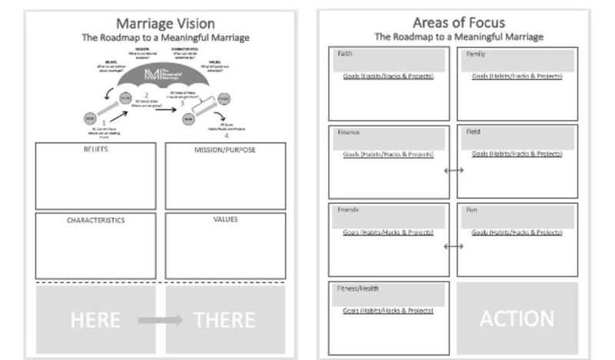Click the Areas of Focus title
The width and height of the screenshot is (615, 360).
(458, 22)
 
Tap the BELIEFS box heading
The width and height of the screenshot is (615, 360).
(95, 149)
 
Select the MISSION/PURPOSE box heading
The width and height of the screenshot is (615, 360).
(225, 149)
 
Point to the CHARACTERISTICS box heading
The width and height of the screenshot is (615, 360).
(95, 220)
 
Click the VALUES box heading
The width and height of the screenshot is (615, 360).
(225, 219)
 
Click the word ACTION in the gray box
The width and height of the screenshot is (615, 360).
(517, 318)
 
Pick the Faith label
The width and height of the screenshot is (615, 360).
(344, 54)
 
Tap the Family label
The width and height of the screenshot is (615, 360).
(475, 54)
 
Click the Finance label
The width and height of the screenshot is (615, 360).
(348, 132)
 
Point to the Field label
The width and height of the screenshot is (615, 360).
(473, 132)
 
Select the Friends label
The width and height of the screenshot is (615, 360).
(347, 210)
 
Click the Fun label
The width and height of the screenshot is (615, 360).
(472, 210)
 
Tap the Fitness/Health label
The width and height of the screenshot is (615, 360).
(357, 289)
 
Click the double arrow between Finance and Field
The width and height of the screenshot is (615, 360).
(454, 170)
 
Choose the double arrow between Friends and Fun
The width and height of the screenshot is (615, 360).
(454, 246)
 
